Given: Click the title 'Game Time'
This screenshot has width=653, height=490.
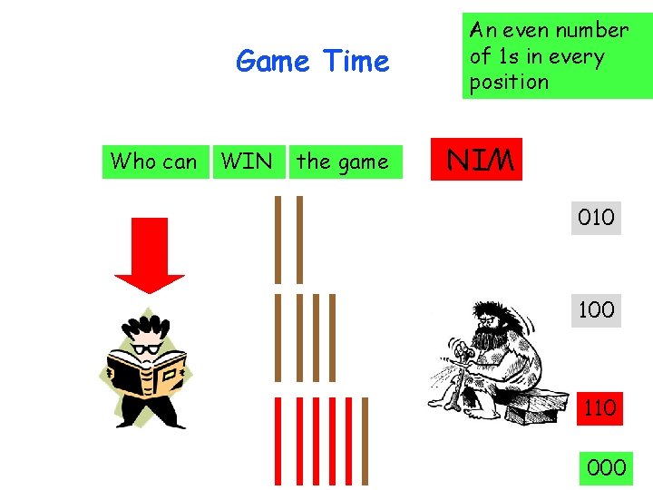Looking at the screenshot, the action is (x=312, y=62).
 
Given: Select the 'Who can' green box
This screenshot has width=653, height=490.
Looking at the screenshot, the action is (x=153, y=162).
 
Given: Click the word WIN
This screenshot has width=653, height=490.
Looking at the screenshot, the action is (x=247, y=162).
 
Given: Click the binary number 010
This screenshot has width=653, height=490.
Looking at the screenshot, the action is (x=596, y=218).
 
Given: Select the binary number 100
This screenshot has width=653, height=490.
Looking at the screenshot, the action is (x=596, y=309).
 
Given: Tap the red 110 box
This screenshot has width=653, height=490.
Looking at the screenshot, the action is (x=599, y=407).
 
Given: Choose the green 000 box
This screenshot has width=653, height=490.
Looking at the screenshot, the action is (x=606, y=467).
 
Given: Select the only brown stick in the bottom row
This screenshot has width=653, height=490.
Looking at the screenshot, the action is (x=367, y=441).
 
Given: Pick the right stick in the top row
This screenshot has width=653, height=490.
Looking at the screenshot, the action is (x=299, y=240).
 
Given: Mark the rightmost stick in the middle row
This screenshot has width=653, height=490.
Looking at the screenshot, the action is (x=332, y=338).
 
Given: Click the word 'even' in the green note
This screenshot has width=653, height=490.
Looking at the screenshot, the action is (x=523, y=30).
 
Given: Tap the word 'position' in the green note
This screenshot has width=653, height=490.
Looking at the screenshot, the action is (x=509, y=82).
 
